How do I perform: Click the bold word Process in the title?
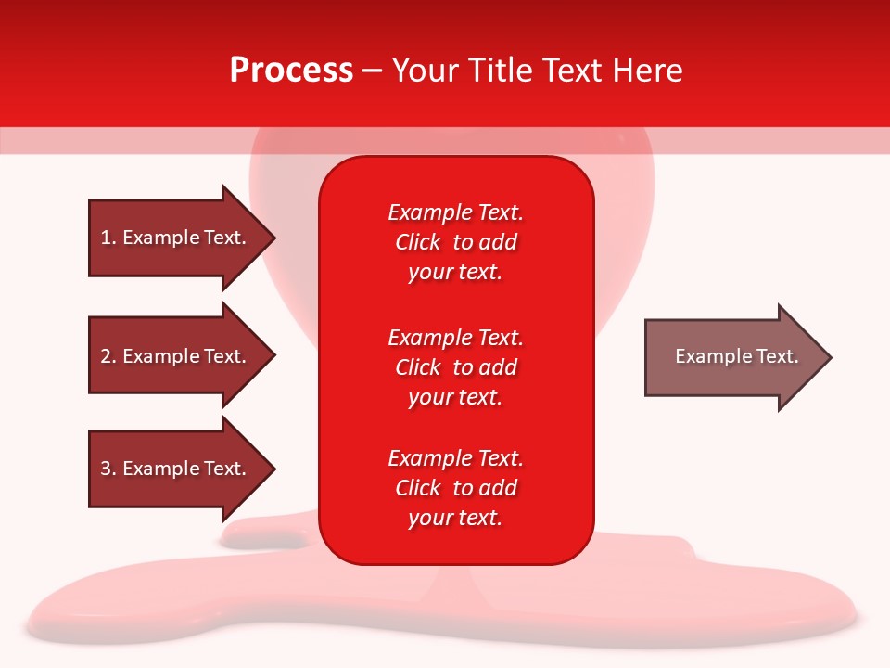[291, 71]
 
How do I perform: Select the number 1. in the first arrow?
[108, 238]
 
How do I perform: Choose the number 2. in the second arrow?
[108, 356]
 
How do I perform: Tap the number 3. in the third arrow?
[108, 469]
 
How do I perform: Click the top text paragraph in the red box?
[455, 242]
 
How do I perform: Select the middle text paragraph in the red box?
[455, 367]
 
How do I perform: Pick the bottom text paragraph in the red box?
[455, 488]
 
